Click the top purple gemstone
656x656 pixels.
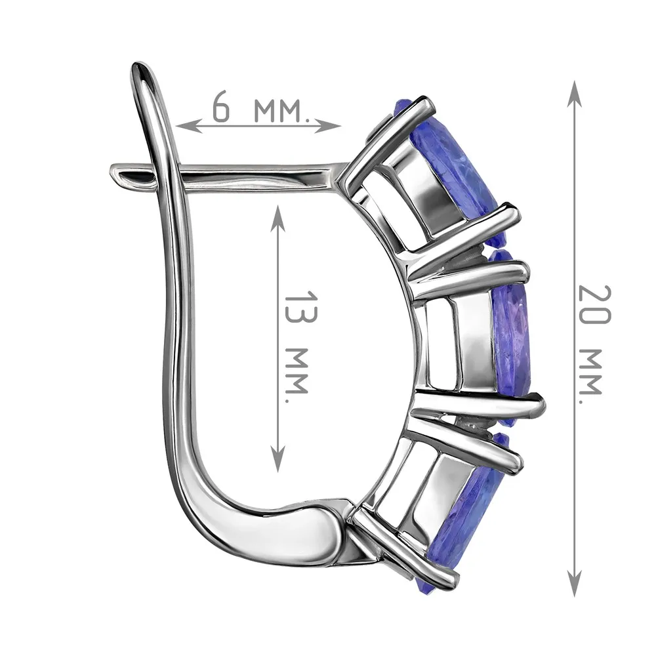[456, 167]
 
